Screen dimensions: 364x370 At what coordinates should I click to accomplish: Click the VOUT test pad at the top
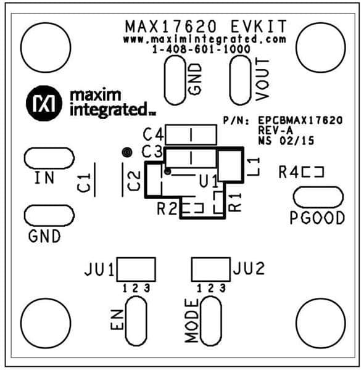(x=241, y=80)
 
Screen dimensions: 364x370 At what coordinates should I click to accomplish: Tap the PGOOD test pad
(x=318, y=197)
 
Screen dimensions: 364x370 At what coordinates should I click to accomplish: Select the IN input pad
(x=49, y=158)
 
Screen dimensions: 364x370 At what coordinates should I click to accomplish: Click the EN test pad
(x=136, y=321)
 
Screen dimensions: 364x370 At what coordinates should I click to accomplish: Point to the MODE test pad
(x=211, y=321)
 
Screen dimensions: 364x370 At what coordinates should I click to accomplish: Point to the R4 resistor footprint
(x=313, y=172)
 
